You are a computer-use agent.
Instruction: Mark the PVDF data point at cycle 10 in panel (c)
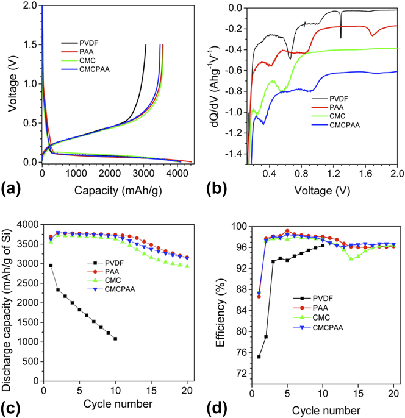click(x=115, y=339)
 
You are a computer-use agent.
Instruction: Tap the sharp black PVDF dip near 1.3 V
click(x=341, y=38)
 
